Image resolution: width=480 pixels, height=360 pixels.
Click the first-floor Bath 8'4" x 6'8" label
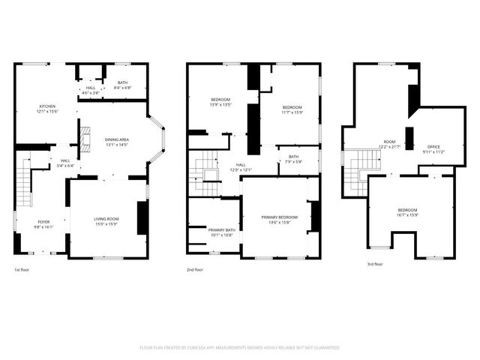121,85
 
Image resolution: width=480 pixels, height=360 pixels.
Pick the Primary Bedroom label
279,219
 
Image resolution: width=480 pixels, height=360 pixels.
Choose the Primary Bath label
221,232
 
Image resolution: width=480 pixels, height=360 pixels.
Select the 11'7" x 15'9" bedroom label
292,109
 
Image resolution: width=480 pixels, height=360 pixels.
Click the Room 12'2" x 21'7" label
389,143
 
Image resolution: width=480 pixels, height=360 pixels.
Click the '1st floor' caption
22,269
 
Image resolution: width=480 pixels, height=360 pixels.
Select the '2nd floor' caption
194,269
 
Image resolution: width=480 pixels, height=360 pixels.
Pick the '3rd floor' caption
374,264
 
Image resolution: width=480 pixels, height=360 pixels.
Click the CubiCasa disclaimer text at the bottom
240,348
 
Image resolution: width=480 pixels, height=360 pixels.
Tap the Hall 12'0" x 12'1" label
241,167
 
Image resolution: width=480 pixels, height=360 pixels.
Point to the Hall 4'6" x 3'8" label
90,90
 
